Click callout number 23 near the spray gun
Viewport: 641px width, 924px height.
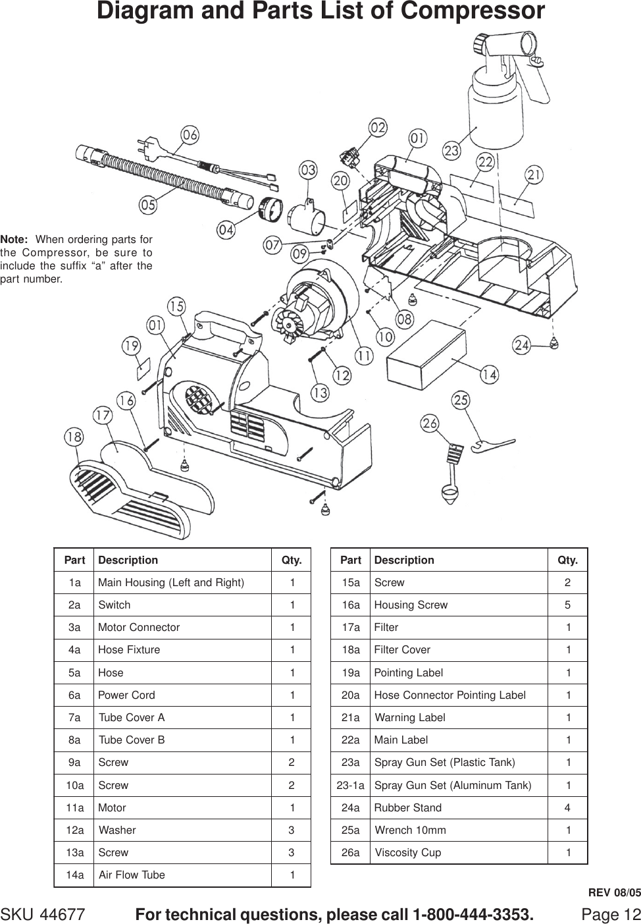[451, 151]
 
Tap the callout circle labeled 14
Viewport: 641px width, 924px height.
[489, 375]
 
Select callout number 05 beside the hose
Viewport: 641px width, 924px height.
[148, 205]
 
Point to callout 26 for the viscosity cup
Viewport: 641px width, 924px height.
[430, 423]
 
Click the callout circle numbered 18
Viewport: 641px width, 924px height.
[74, 437]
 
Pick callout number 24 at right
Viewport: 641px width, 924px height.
[522, 345]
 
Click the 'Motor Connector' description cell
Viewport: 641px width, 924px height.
[139, 627]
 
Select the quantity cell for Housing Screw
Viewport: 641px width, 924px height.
[567, 605]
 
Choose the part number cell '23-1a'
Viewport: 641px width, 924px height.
[350, 785]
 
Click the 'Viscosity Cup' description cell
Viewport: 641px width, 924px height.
[407, 852]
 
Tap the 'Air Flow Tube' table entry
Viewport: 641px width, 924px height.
[132, 875]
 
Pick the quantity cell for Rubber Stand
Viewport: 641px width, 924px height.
[567, 807]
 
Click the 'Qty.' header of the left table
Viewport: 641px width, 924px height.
[292, 560]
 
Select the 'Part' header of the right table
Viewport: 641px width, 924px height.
[351, 560]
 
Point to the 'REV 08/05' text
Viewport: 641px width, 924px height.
[613, 893]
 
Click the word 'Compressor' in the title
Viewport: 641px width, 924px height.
[472, 11]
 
